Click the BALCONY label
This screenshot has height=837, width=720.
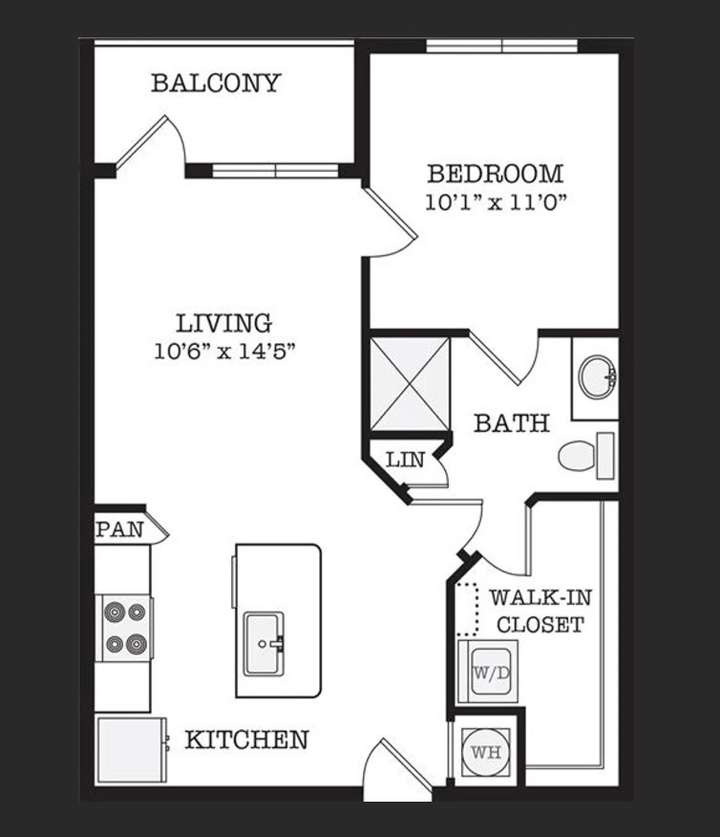point(216,83)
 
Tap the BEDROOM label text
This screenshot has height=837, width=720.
point(496,174)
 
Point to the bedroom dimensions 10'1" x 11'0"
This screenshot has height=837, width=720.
point(496,203)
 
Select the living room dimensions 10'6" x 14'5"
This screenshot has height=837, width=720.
point(224,352)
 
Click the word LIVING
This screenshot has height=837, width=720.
point(224,324)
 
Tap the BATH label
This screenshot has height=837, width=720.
point(512,422)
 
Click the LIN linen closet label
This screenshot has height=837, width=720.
point(405,460)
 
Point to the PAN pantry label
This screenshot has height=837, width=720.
point(120,529)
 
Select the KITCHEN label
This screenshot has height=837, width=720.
point(247,740)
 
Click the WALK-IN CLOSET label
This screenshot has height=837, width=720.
point(540,611)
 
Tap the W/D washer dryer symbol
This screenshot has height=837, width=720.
point(488,671)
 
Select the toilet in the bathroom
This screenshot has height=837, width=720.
point(586,456)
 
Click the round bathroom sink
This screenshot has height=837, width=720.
point(599,376)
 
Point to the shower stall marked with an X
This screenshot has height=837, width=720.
point(410,384)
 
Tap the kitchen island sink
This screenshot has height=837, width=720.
point(264,644)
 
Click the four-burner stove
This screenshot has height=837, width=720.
point(125,628)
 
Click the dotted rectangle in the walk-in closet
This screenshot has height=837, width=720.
point(467,609)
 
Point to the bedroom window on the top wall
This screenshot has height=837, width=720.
point(502,47)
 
